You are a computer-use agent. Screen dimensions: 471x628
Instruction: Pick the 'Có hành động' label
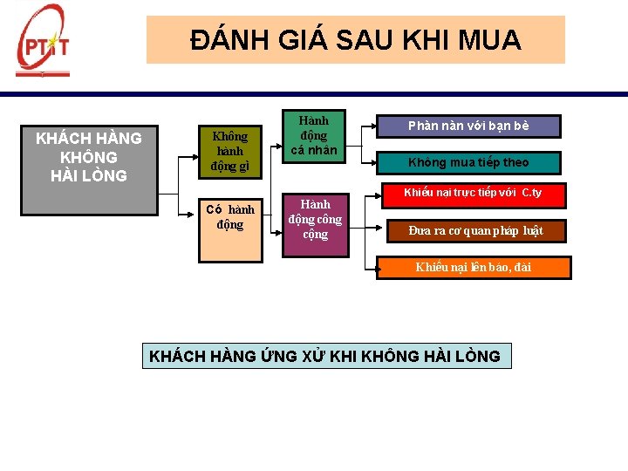230,217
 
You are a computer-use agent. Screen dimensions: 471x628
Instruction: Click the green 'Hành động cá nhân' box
313,136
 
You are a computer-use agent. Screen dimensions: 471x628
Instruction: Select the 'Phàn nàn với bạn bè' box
468,126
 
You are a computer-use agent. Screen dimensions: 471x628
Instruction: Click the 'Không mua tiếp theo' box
468,162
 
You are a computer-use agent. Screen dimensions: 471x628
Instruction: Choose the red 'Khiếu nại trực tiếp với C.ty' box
472,193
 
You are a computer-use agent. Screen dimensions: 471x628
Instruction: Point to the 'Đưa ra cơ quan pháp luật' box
476,230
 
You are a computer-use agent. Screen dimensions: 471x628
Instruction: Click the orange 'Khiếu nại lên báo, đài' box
474,267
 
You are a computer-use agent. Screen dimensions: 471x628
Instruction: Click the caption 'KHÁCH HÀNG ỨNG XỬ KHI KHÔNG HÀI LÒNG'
325,356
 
